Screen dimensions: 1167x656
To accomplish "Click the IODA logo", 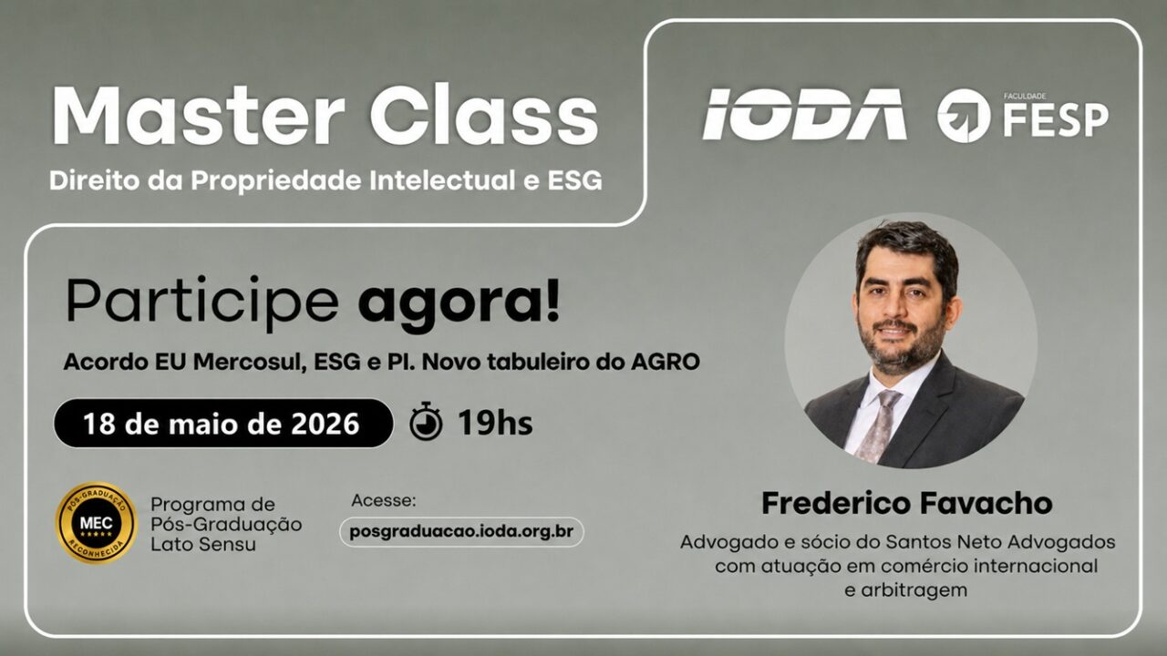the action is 805,114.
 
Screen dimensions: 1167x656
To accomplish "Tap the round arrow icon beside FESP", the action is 964,116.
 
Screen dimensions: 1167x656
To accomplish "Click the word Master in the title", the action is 199,115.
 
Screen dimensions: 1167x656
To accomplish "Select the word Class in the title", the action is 484,115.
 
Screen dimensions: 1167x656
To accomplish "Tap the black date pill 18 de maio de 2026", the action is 223,424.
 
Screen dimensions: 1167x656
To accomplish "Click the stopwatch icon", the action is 426,421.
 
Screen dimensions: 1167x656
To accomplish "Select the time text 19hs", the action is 495,423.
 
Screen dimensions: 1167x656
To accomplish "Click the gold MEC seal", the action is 97,523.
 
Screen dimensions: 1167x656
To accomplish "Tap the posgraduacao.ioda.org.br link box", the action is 461,531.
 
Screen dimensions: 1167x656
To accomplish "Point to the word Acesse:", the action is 384,501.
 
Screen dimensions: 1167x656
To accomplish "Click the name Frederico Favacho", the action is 907,504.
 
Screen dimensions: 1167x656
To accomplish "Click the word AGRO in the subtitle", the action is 666,362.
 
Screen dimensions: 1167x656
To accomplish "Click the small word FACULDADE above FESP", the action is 1025,97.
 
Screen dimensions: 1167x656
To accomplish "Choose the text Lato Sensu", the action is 203,545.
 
